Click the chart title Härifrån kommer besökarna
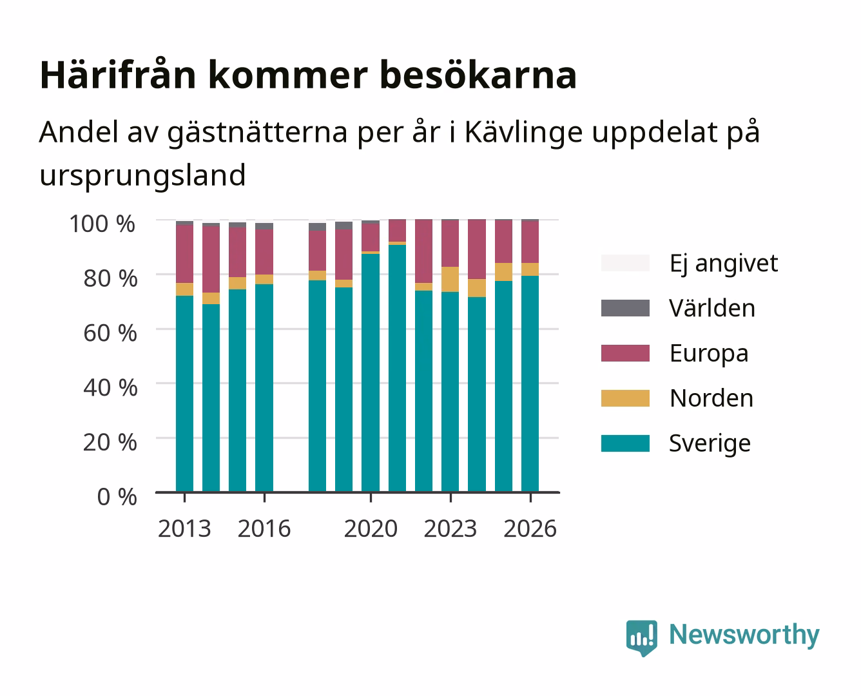click(x=308, y=75)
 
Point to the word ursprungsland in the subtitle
click(x=142, y=176)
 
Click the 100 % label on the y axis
click(x=102, y=224)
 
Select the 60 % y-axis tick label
click(x=110, y=333)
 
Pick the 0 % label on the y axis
click(x=117, y=496)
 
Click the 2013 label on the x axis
click(x=184, y=528)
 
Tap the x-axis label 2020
click(x=371, y=528)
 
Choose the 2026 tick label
click(x=530, y=528)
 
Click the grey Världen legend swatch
click(x=625, y=308)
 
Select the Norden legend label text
click(x=711, y=398)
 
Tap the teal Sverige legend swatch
click(x=625, y=443)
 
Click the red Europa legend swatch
click(x=625, y=353)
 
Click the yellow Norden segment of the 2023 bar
click(x=450, y=279)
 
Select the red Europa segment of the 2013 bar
click(x=184, y=254)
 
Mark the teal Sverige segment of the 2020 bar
click(x=371, y=372)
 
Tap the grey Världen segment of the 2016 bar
click(x=264, y=226)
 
